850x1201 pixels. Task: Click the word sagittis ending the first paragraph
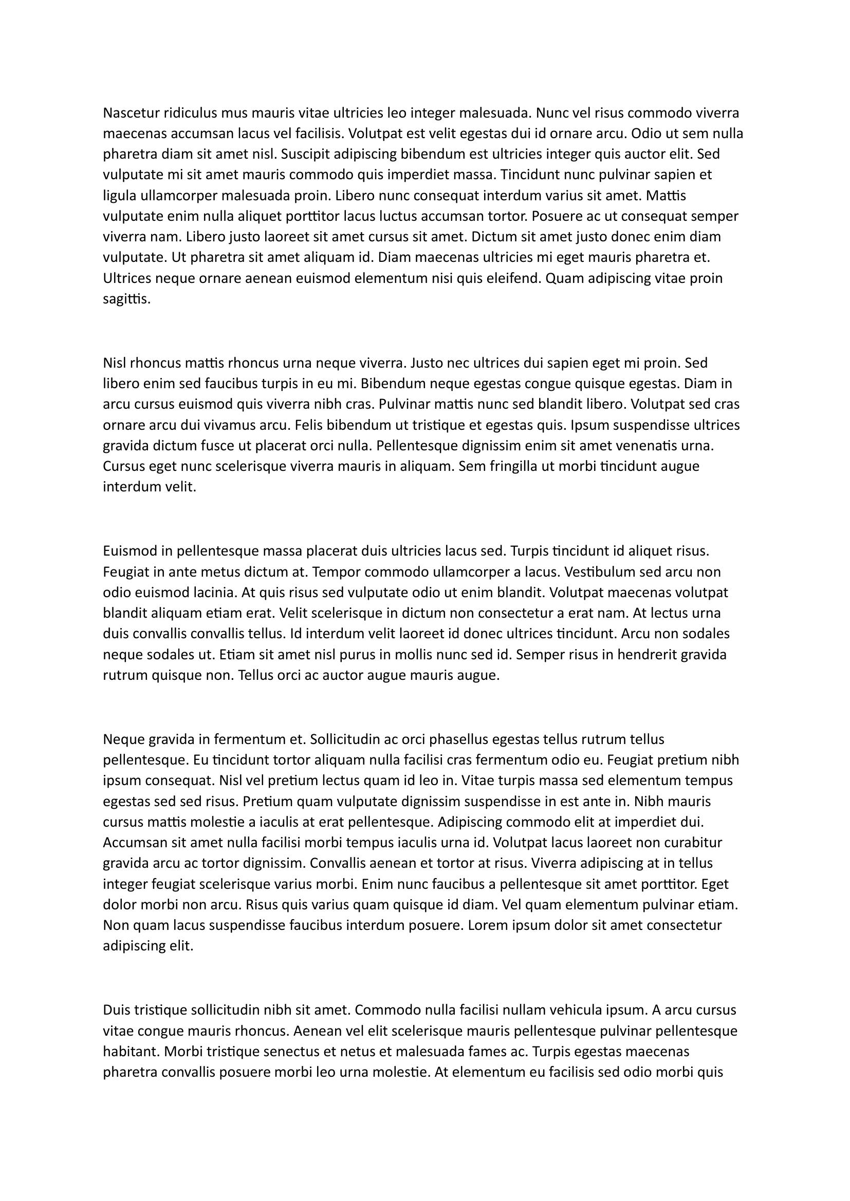(x=126, y=300)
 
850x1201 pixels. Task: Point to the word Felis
(x=309, y=425)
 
